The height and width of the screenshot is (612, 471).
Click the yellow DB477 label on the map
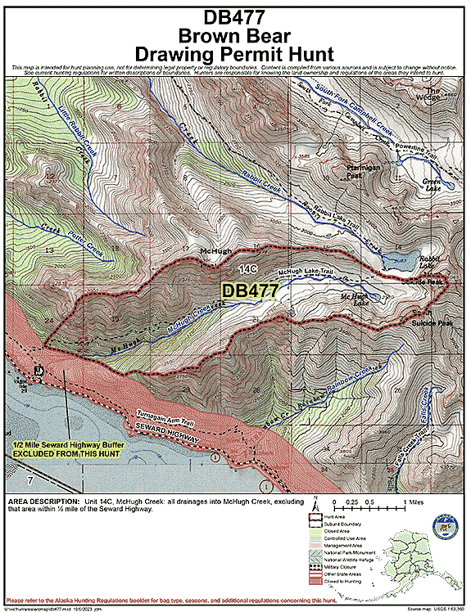click(251, 290)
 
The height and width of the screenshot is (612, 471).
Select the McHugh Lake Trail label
click(305, 272)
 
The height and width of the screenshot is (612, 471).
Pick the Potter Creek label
click(82, 237)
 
